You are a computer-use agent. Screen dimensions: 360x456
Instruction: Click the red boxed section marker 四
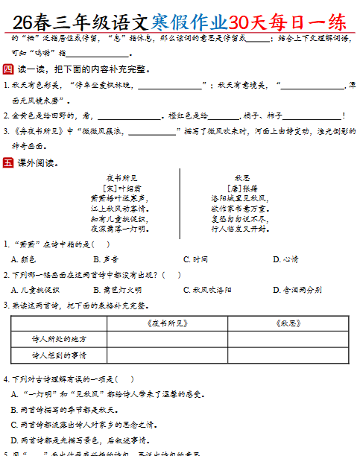coord(8,69)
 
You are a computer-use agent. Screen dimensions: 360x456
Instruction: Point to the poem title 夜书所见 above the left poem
coord(121,178)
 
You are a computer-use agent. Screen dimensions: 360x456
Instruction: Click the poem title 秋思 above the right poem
coord(242,178)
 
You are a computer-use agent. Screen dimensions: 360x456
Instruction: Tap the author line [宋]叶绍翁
coord(121,189)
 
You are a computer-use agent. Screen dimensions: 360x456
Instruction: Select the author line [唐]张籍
coord(242,189)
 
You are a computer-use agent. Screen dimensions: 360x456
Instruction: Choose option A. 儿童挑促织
coord(39,290)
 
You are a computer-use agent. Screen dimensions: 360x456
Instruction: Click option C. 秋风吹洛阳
coord(215,290)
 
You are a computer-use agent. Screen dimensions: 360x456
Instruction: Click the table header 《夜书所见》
coord(167,323)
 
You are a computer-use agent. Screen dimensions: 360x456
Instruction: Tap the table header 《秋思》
coord(288,323)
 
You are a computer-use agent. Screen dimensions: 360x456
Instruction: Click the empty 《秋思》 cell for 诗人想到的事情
coord(288,355)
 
